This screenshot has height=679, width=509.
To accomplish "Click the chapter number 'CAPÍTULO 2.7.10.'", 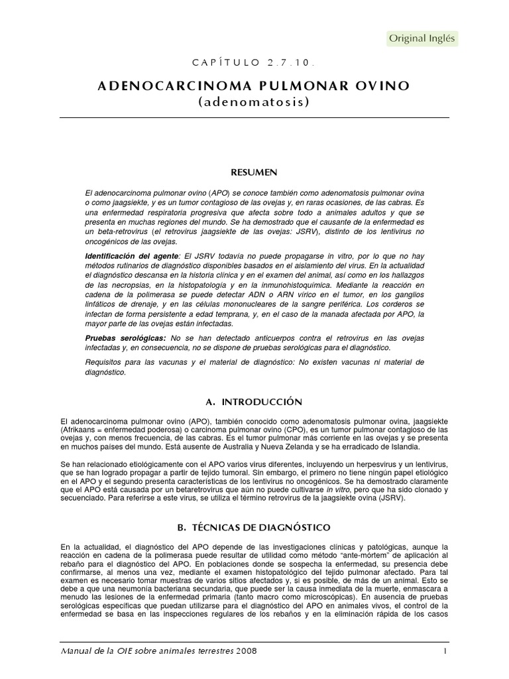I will pyautogui.click(x=254, y=63).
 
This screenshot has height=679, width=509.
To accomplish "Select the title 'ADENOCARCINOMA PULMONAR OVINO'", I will pyautogui.click(x=254, y=86).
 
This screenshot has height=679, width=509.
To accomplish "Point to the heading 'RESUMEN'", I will pyautogui.click(x=254, y=172).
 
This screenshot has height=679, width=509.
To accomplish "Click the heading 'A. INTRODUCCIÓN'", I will pyautogui.click(x=254, y=402).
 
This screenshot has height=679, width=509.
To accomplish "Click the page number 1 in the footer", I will pyautogui.click(x=446, y=650).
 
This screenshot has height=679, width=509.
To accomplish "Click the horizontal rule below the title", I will pyautogui.click(x=254, y=118).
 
